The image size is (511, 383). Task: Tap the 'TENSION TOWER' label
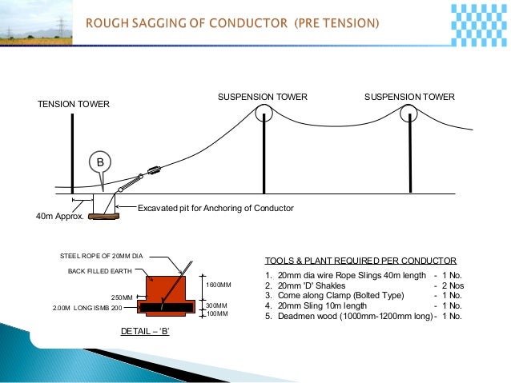pyautogui.click(x=74, y=105)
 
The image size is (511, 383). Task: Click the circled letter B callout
pyautogui.click(x=100, y=162)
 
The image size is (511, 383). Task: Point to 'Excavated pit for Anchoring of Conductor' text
pyautogui.click(x=215, y=208)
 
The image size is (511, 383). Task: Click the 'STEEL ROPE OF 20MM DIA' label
pyautogui.click(x=103, y=256)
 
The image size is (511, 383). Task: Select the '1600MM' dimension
pyautogui.click(x=219, y=285)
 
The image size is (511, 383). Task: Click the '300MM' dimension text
pyautogui.click(x=217, y=306)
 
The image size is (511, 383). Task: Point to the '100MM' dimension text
pyautogui.click(x=217, y=314)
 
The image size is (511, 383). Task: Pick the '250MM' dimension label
pyautogui.click(x=122, y=297)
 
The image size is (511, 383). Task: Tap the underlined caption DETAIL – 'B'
pyautogui.click(x=144, y=330)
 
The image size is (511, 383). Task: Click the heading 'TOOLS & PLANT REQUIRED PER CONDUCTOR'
pyautogui.click(x=360, y=261)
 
